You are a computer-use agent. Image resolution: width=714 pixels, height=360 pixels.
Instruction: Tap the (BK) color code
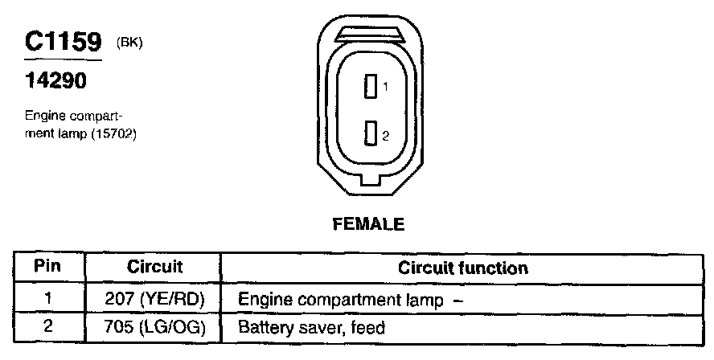pos(129,43)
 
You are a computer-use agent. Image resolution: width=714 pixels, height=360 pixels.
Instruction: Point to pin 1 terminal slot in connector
pos(371,86)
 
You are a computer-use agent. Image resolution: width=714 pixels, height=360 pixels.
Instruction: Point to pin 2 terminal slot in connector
pos(371,133)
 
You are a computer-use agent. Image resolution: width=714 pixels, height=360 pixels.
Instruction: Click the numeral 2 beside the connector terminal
pos(385,136)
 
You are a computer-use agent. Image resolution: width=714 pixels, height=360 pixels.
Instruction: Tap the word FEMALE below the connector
pos(368,225)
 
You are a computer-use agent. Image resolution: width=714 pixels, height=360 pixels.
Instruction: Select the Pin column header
pos(49,267)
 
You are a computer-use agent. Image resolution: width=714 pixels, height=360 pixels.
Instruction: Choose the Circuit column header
pos(155,267)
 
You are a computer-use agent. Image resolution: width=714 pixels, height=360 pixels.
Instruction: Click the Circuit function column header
pos(463,268)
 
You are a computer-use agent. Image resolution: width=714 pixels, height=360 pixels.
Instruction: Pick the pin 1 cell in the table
pos(49,299)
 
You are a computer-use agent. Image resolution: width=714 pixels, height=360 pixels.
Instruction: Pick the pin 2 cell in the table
pos(49,327)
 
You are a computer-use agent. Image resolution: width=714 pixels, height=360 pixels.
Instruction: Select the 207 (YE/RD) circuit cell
pos(155,299)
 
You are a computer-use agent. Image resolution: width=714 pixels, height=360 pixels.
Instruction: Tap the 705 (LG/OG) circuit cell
pos(155,327)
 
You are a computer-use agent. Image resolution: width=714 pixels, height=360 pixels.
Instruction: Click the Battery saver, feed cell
pos(312,328)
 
